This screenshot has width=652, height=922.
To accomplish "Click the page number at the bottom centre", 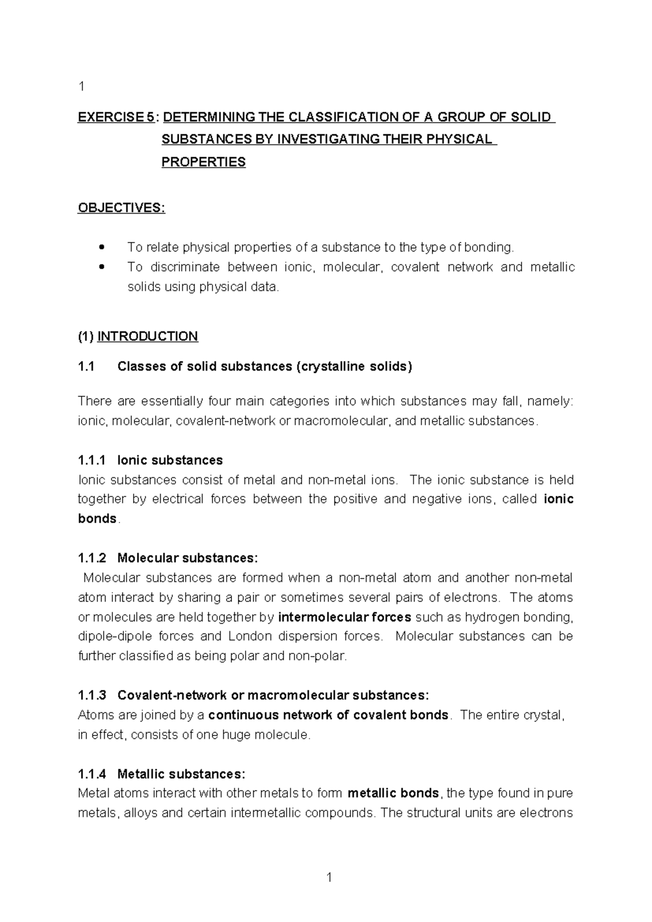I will click(x=329, y=877).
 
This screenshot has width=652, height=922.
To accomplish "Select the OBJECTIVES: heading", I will click(x=121, y=208).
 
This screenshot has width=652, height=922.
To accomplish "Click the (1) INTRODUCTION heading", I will click(x=138, y=337).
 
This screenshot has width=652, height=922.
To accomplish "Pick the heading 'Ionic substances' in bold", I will click(x=170, y=460).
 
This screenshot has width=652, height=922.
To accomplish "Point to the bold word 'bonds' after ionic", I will click(x=97, y=519).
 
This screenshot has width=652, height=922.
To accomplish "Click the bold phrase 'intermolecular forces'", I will click(x=344, y=617).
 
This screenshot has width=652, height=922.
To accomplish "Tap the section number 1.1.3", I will click(x=92, y=695).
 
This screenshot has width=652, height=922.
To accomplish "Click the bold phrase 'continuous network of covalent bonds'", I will click(x=328, y=715).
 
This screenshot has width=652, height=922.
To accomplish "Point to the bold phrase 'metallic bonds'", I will click(x=393, y=793).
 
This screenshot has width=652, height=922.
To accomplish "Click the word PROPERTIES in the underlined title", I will click(x=203, y=163).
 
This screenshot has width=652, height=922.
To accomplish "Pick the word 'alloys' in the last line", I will click(x=146, y=813).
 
